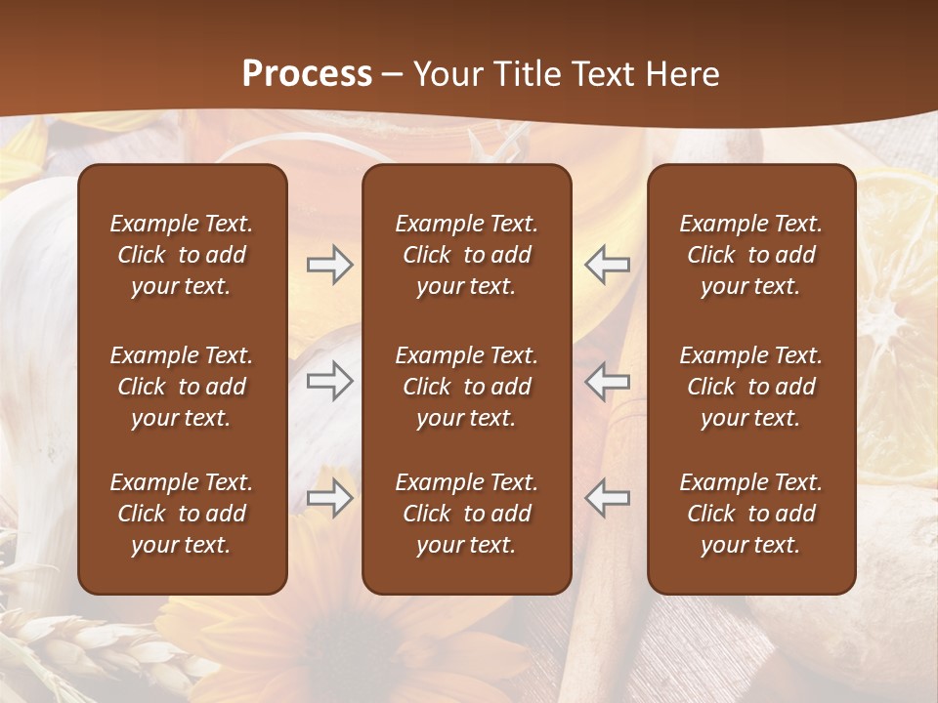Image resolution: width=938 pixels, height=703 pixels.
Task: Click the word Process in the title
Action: click(307, 74)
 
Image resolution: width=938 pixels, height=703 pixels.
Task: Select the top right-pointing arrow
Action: click(329, 265)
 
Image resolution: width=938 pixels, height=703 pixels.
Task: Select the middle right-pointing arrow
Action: click(329, 381)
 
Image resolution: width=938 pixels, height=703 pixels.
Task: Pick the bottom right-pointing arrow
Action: click(329, 498)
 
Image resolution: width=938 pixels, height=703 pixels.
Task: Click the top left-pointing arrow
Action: click(608, 265)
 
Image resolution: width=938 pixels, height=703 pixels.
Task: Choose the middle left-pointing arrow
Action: click(608, 381)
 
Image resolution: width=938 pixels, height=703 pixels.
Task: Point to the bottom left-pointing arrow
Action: click(608, 498)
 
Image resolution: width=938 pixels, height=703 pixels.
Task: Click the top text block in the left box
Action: click(182, 255)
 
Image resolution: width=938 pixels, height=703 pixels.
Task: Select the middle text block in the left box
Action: click(182, 387)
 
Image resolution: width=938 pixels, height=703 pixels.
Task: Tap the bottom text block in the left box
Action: click(182, 514)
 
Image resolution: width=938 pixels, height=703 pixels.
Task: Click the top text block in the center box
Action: click(466, 255)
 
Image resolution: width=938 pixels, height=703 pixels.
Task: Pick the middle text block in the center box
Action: click(466, 387)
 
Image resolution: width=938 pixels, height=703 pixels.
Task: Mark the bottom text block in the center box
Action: click(466, 514)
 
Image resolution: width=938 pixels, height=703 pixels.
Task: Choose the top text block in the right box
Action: click(750, 255)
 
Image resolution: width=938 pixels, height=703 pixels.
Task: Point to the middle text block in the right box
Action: click(750, 387)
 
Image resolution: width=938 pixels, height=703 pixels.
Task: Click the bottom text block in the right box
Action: click(750, 514)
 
